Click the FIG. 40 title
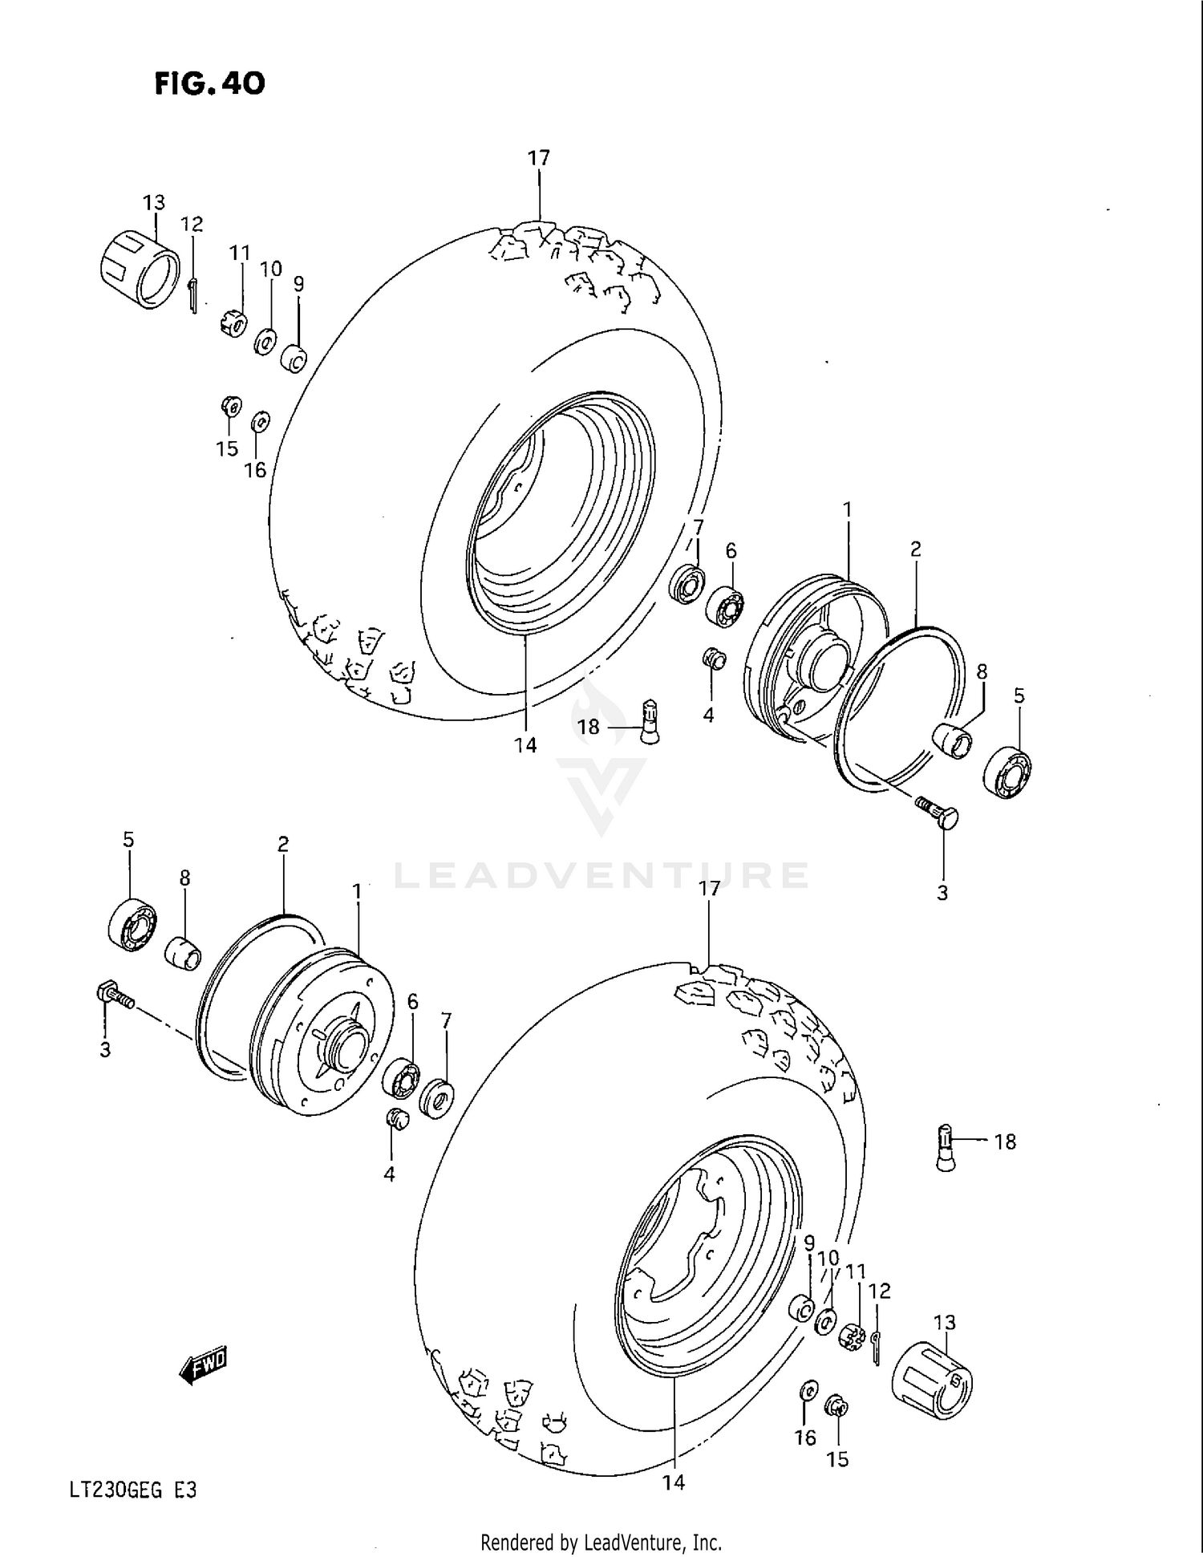pos(209,83)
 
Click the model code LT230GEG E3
pos(132,1491)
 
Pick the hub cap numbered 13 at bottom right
pos(932,1381)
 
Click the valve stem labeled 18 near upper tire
pos(650,720)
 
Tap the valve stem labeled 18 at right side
pos(946,1148)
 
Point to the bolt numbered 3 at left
pos(114,997)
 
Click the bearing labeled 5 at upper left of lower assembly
pos(132,926)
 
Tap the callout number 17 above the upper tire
pos(539,158)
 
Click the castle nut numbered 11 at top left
pos(233,324)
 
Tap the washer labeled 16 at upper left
pos(260,420)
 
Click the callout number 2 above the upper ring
pos(915,549)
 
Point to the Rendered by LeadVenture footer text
pos(601,1541)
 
